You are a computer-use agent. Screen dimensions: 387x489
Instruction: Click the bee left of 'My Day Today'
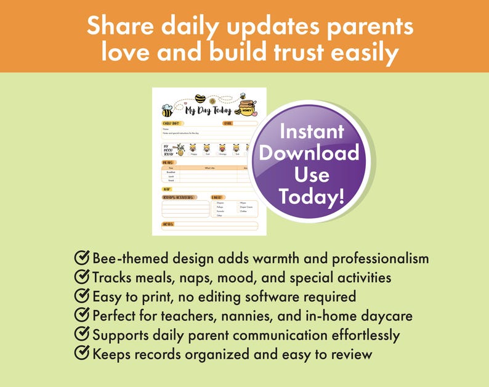[167, 111]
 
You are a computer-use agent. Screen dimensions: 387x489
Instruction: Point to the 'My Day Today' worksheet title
[208, 111]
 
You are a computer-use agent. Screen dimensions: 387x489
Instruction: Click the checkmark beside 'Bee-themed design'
[81, 258]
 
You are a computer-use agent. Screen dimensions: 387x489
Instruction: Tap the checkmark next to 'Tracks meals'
[81, 277]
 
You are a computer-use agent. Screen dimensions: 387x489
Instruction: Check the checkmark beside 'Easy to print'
[81, 296]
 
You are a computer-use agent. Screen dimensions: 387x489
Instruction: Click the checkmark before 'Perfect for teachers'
[81, 316]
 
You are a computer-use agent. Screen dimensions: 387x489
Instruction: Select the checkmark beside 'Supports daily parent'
[81, 335]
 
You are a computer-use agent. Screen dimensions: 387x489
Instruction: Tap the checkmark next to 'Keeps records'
[81, 354]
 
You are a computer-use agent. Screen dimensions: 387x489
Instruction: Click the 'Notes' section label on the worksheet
[167, 224]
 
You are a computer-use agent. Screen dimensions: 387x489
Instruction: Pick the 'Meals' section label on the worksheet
[168, 162]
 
